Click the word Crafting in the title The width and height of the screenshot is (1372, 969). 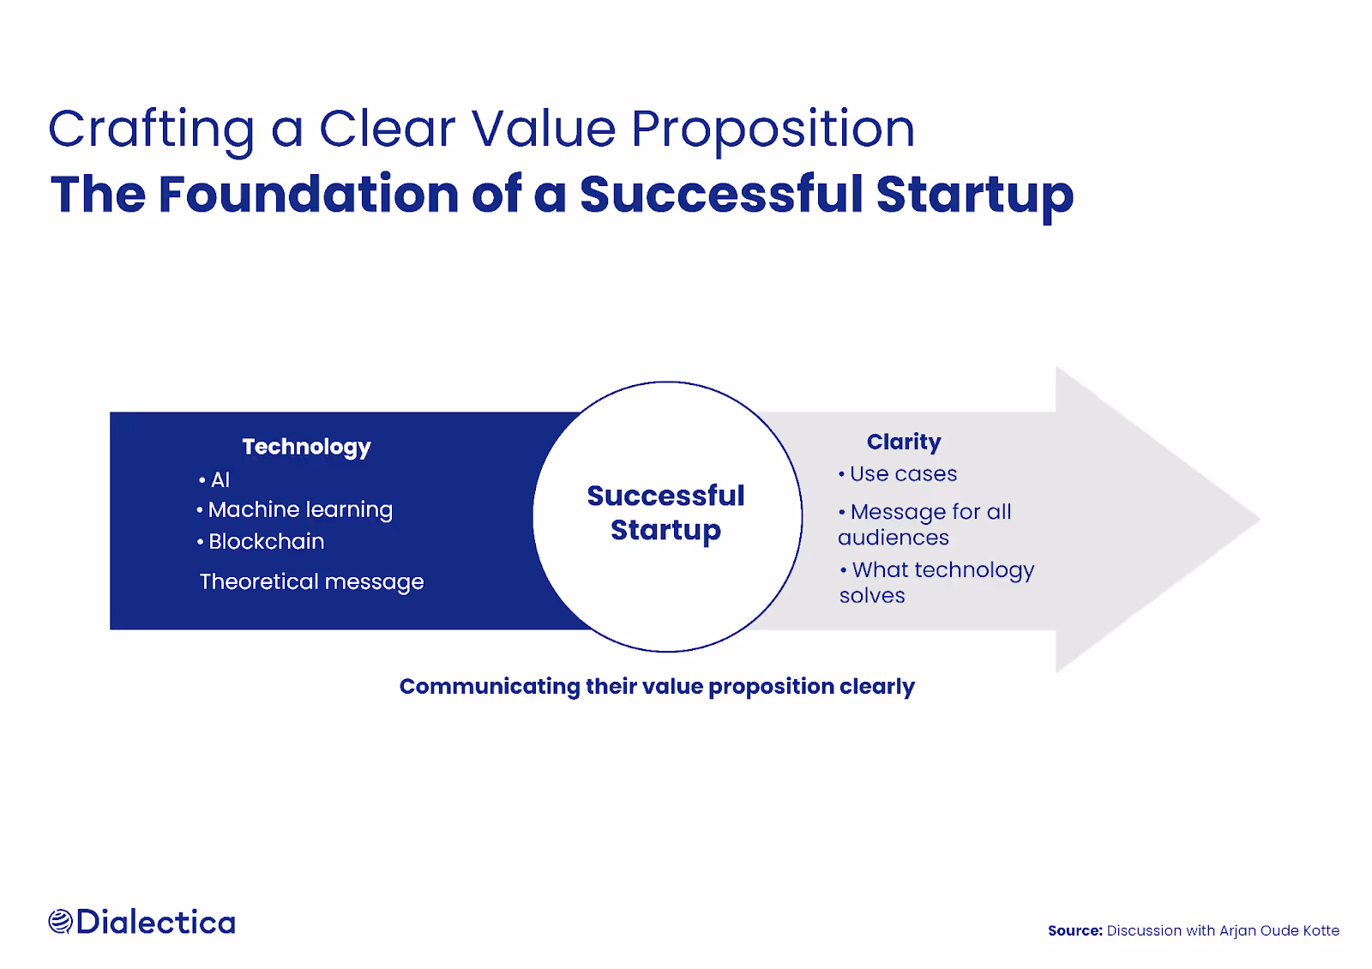coord(151,130)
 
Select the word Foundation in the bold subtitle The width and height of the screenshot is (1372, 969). coord(309,194)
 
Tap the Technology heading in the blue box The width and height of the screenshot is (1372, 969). coord(306,447)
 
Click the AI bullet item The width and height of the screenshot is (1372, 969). coord(214,479)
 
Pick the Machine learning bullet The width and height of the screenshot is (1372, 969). coord(295,510)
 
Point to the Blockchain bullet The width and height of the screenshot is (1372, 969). coord(261,541)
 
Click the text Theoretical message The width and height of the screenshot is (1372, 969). coord(312,582)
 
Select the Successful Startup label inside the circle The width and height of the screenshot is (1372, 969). coord(665,514)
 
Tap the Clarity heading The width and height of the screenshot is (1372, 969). coord(904,442)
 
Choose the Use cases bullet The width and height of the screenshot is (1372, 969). coord(898,474)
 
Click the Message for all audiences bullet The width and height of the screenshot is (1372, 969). coord(925,524)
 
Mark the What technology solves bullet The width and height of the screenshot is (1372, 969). coord(936,582)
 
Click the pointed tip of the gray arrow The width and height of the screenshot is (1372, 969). coord(1260,520)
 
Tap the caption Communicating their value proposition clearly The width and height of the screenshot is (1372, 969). coord(657,687)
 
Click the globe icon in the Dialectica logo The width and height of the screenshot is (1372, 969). coord(61,922)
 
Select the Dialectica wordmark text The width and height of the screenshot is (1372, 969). coord(155,922)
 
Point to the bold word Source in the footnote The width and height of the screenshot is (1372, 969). coord(1075,931)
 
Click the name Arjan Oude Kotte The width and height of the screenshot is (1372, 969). coord(1279,931)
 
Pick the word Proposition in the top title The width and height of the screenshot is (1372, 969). coord(773,130)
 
